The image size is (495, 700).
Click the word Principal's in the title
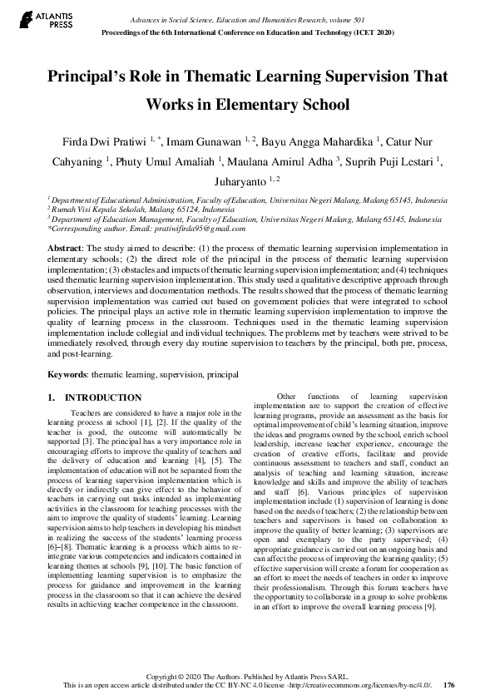[92, 75]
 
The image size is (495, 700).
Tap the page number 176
[449, 685]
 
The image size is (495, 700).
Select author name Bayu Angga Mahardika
[319, 136]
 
